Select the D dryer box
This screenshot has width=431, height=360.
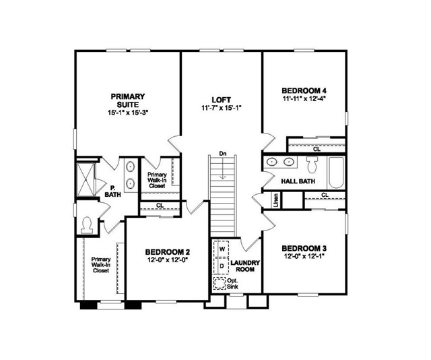coord(222,265)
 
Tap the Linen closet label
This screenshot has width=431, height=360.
coord(276,200)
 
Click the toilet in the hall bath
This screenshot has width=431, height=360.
coord(312,164)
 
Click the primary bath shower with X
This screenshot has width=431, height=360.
coord(86,177)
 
